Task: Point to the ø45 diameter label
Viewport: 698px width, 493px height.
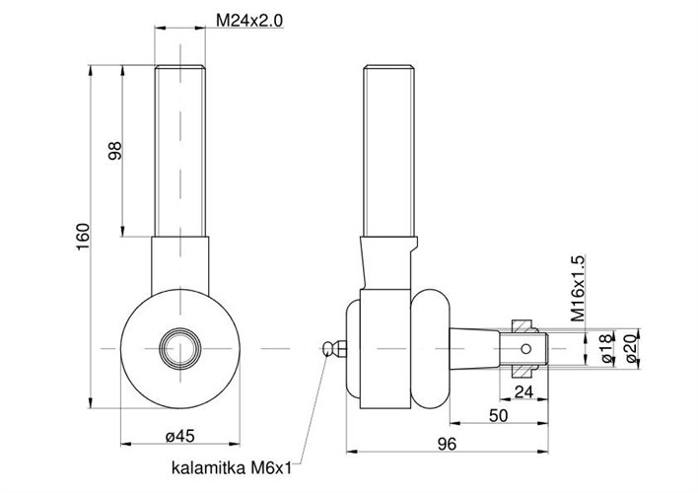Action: [x=178, y=436]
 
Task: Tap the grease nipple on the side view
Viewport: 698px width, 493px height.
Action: [x=333, y=348]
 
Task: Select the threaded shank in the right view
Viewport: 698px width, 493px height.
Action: [x=389, y=148]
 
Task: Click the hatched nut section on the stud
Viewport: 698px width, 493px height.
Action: [x=523, y=324]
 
